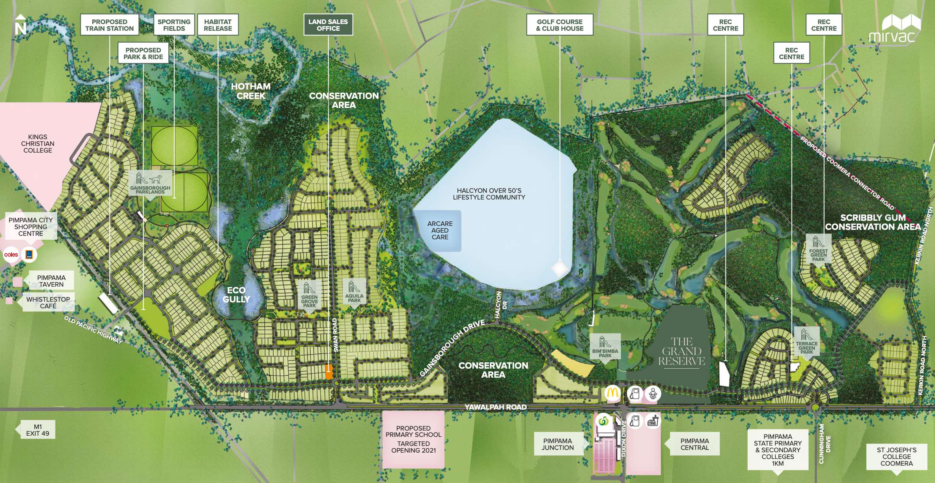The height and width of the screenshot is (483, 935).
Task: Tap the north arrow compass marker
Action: [x=20, y=25]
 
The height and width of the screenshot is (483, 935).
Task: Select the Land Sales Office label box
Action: [x=328, y=25]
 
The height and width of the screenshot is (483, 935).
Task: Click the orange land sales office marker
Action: [x=328, y=371]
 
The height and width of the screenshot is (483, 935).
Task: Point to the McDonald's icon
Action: [x=612, y=393]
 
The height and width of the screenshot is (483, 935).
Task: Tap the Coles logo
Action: [x=11, y=255]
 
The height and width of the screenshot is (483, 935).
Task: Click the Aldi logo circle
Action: [x=29, y=255]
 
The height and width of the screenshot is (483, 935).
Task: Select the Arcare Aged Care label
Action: [x=440, y=230]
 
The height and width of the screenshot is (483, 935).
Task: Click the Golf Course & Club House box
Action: [x=560, y=25]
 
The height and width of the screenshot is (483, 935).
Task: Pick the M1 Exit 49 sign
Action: [x=37, y=430]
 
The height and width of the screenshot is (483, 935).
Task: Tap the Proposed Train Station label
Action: [x=110, y=25]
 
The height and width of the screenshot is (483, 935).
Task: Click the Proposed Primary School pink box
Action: [x=413, y=439]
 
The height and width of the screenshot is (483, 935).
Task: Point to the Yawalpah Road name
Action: [x=495, y=407]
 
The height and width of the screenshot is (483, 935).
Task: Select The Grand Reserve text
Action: [x=681, y=351]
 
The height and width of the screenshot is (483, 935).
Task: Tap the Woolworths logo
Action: [x=603, y=421]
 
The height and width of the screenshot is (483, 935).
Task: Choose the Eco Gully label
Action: [x=236, y=295]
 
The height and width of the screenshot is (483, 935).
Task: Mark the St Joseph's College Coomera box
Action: [x=896, y=456]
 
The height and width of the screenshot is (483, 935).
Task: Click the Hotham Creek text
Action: [x=251, y=91]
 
